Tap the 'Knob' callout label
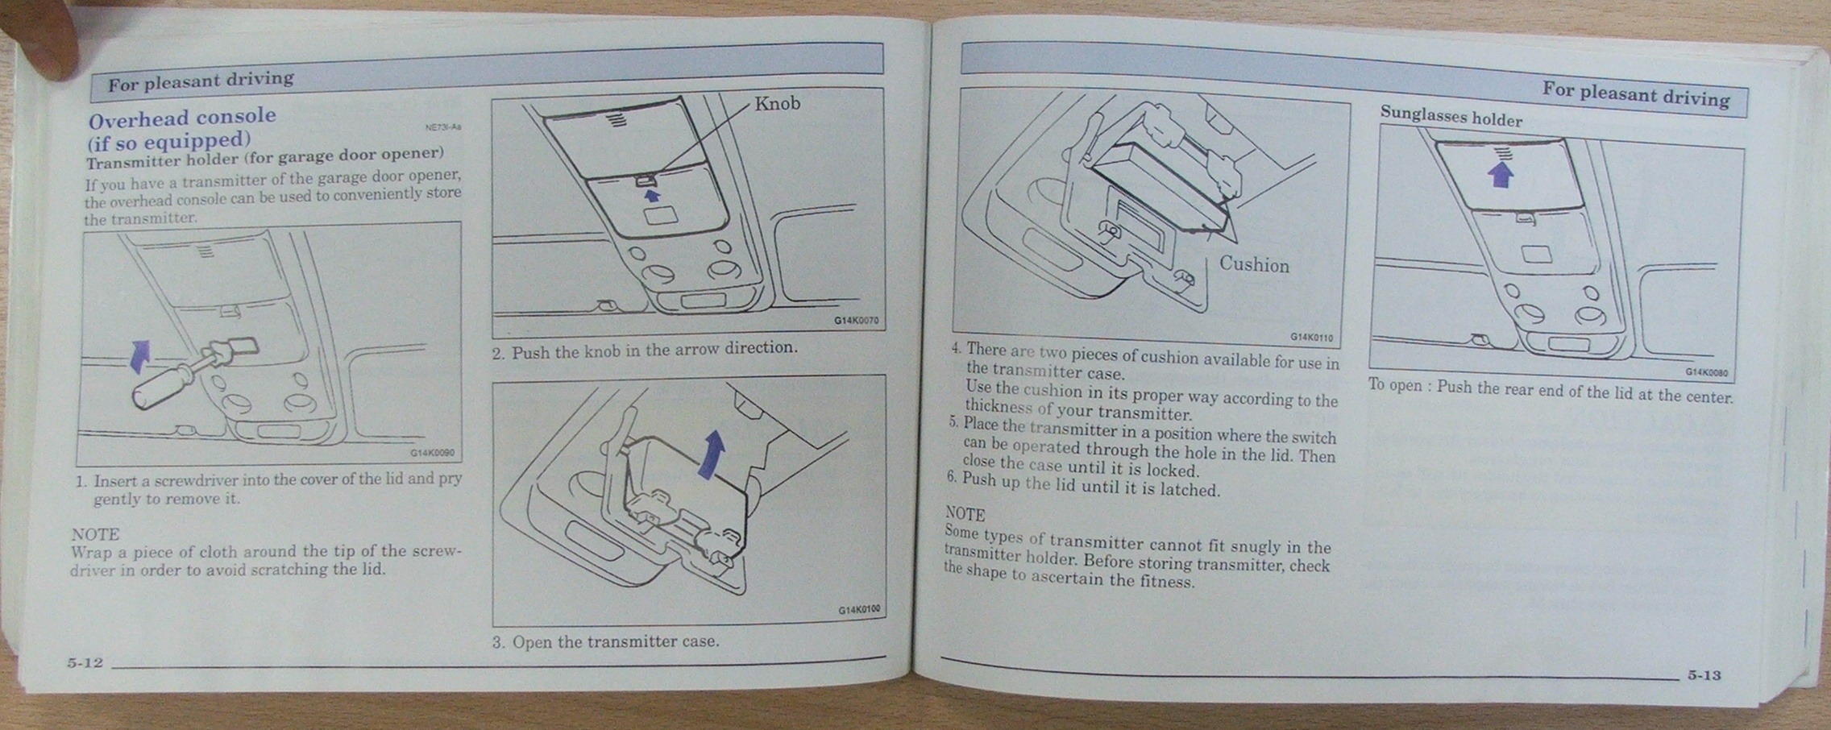pos(778,103)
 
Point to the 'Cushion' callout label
pos(1254,264)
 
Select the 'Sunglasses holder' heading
pos(1451,116)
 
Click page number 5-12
pos(85,662)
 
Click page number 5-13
pos(1704,674)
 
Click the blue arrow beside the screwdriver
pos(140,355)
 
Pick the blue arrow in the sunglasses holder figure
pos(1499,175)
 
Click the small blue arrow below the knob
pos(652,194)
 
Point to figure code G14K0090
pos(432,453)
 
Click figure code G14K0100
pos(859,610)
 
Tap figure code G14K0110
pos(1311,338)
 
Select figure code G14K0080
pos(1706,372)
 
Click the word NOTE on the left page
pos(95,534)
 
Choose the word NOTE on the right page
pos(965,513)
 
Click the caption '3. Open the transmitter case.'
pos(606,642)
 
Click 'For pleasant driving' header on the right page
pos(1636,94)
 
